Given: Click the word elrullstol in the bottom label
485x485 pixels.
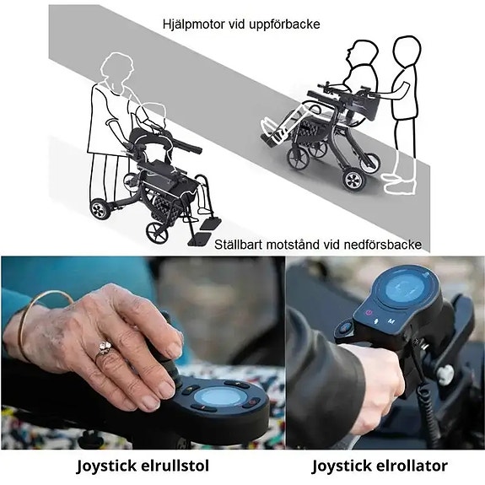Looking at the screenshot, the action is click(x=175, y=466).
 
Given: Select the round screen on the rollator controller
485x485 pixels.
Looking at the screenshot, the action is click(x=405, y=289).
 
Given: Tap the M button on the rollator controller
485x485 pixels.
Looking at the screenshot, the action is click(x=391, y=321).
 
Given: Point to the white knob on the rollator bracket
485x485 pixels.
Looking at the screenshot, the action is click(x=445, y=375).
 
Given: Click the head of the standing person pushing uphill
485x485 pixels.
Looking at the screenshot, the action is click(x=407, y=51).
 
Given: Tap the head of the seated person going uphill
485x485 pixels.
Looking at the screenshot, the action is click(x=362, y=52).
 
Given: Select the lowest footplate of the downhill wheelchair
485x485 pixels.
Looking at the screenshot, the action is click(x=200, y=240).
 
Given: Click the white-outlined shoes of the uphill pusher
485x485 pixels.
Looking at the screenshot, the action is click(x=399, y=183).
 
